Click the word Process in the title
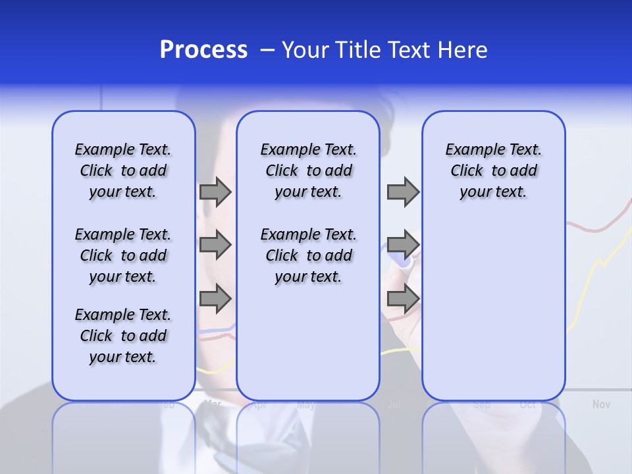(x=203, y=50)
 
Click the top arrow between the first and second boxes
(x=215, y=192)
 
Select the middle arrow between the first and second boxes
(x=215, y=245)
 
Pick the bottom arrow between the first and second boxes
(x=215, y=298)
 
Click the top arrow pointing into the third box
(x=403, y=192)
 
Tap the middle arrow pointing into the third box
(x=403, y=245)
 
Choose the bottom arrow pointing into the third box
(x=403, y=298)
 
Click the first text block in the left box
(x=123, y=171)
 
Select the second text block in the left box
(x=123, y=255)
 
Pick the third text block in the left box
(x=123, y=336)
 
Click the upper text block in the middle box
(x=308, y=171)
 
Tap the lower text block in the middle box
(x=308, y=255)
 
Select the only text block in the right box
(x=493, y=171)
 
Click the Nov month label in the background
(x=600, y=404)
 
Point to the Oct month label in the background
(x=527, y=405)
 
